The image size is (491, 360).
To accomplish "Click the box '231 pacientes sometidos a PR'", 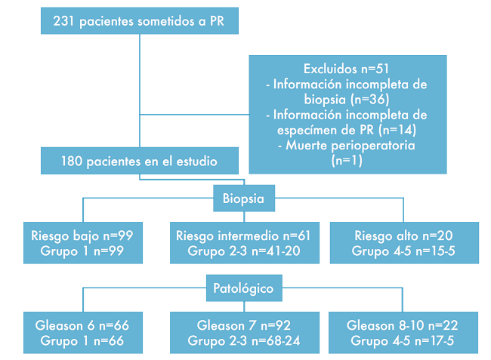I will click(x=141, y=22).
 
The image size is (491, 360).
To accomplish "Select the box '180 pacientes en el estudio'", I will click(x=141, y=160).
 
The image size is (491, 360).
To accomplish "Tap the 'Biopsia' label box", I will click(x=244, y=200).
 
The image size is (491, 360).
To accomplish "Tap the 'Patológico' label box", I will click(x=244, y=288).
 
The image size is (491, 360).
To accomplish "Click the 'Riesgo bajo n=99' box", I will click(x=83, y=243).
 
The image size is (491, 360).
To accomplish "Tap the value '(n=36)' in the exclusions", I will click(x=369, y=99).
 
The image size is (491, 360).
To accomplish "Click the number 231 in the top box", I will click(x=65, y=22).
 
